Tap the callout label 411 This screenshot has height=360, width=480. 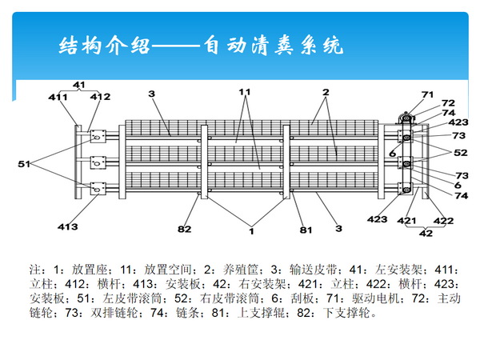[57, 98]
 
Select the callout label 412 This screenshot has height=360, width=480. [100, 98]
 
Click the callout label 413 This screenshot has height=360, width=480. [68, 227]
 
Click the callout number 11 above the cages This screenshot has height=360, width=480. [245, 92]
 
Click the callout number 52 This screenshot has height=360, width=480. [461, 153]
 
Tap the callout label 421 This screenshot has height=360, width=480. [407, 220]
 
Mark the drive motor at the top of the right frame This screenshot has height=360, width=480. [406, 119]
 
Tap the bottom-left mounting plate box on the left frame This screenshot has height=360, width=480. [98, 190]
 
